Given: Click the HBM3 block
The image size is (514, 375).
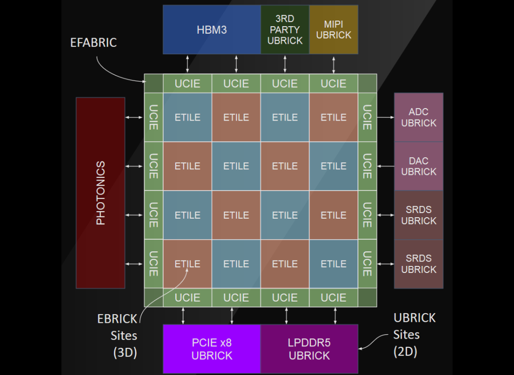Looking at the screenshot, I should click(x=211, y=30).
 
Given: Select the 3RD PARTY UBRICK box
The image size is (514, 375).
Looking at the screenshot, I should click(x=285, y=30).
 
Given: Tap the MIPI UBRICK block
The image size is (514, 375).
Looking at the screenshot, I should click(x=334, y=30).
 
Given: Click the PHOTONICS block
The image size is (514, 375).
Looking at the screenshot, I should click(x=100, y=193).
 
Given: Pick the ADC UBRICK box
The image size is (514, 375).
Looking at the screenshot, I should click(x=419, y=117).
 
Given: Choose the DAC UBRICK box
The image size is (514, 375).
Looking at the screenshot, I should click(x=419, y=166).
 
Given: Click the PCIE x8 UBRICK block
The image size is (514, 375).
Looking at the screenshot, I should click(x=212, y=349).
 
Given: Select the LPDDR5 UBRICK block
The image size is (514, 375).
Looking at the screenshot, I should click(x=309, y=349).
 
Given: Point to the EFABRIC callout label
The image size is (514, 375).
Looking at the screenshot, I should click(x=93, y=43).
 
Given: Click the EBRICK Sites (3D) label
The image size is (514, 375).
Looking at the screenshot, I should click(x=117, y=336).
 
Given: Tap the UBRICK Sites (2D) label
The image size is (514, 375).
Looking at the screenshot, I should click(x=414, y=334).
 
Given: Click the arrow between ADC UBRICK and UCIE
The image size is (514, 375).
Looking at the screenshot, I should click(x=385, y=117).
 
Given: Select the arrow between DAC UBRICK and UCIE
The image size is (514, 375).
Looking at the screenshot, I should click(x=385, y=166).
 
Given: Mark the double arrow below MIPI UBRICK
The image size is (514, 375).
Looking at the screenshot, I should click(x=334, y=64).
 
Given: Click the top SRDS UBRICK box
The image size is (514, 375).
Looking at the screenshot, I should click(x=419, y=215).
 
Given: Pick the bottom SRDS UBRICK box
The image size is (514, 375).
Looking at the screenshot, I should click(x=419, y=264).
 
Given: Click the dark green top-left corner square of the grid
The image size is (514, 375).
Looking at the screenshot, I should click(x=154, y=83).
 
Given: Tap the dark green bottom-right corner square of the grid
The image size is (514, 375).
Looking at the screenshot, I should click(x=367, y=298).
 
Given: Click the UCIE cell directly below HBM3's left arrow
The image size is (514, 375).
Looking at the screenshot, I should click(x=187, y=83).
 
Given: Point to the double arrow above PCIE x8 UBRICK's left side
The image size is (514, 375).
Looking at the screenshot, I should click(x=183, y=315).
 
